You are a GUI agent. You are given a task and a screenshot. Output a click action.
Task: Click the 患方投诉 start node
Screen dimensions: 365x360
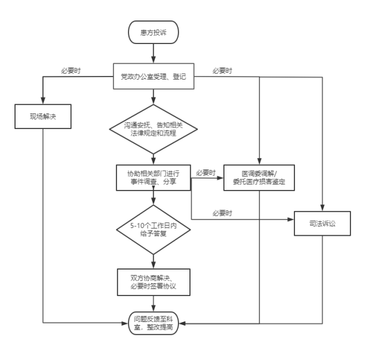point(153,32)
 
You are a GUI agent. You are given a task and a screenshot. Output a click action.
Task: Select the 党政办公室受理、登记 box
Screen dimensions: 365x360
point(154,76)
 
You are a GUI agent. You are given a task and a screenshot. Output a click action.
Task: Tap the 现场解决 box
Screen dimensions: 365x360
point(43,116)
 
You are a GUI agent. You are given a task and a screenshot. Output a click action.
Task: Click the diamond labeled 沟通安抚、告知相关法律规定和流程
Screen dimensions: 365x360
point(153,129)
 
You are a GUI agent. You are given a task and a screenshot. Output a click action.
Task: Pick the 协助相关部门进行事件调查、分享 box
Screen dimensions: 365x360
point(153,178)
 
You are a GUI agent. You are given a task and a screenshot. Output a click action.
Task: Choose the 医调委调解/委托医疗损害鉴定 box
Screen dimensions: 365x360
point(259,178)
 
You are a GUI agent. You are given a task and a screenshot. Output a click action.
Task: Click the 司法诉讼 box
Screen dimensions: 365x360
point(322,223)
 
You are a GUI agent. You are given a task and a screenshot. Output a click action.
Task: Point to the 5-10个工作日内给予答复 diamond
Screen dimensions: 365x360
point(153,230)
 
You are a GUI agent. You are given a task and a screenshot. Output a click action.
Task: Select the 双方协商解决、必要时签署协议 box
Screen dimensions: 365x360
point(154,282)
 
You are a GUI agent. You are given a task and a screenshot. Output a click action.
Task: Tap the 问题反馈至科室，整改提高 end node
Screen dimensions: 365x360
point(153,323)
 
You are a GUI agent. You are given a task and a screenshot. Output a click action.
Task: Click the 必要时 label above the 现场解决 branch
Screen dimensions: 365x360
point(71,71)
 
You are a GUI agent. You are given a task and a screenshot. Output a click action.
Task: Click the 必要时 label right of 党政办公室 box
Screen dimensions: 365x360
point(222,71)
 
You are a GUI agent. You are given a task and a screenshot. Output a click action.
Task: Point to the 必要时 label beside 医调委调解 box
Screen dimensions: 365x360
point(206,172)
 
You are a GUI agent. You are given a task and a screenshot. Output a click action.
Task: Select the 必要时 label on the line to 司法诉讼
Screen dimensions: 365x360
point(222,213)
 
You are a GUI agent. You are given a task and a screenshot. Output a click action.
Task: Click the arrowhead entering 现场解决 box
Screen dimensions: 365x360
point(43,101)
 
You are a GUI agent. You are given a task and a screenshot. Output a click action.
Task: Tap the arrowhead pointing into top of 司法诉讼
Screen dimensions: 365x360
point(322,207)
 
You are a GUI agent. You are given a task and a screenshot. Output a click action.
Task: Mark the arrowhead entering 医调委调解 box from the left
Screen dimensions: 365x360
point(220,178)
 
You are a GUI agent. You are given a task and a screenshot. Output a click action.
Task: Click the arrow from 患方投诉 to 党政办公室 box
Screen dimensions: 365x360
point(153,53)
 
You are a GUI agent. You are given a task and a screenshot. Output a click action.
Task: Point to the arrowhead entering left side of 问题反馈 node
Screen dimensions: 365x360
point(125,323)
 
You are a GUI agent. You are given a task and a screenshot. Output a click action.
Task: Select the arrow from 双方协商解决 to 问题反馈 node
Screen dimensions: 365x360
point(153,304)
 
